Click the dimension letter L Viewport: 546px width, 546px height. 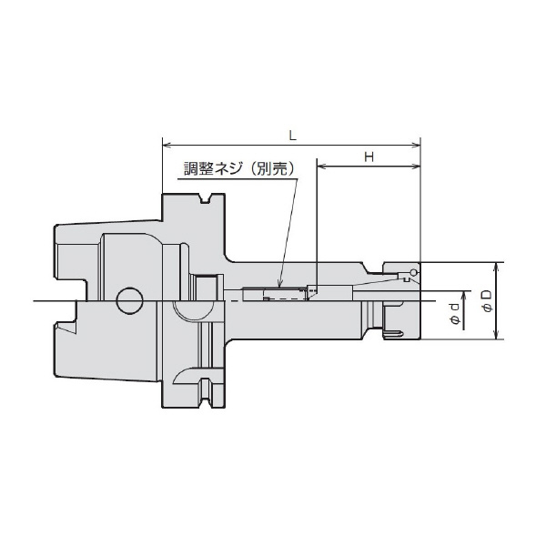click(290, 134)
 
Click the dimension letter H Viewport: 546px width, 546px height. click(369, 157)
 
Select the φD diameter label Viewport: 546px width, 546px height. click(487, 301)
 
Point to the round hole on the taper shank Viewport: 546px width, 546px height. click(129, 300)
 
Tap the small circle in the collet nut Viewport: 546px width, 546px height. click(414, 273)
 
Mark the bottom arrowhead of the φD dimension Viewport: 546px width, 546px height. click(496, 336)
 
